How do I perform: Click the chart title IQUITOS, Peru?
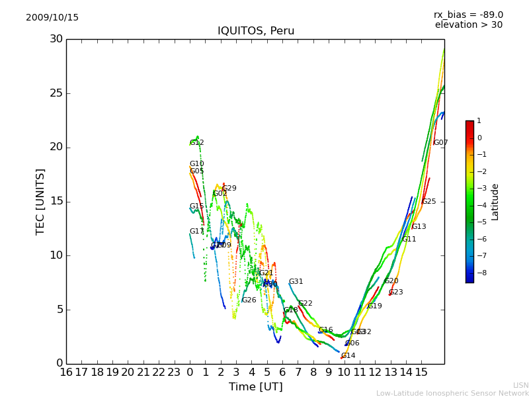tap(256, 31)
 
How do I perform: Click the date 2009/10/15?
tap(52, 18)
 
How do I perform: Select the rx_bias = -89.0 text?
tap(468, 15)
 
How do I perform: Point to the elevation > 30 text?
tap(468, 25)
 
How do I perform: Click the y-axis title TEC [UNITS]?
tap(40, 201)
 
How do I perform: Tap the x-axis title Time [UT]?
tap(255, 386)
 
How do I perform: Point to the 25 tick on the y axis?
tap(56, 93)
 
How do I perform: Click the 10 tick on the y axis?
tap(56, 255)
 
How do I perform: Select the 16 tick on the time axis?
tap(66, 373)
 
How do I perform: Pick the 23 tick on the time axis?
tap(174, 373)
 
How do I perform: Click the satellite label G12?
tap(197, 143)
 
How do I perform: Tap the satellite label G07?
tap(440, 143)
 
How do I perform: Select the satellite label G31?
tap(296, 282)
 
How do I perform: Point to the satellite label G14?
tap(348, 356)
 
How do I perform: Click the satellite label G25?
tap(429, 202)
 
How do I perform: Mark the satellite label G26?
tap(249, 300)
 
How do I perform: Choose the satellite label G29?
tap(229, 189)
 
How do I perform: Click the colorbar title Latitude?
tap(495, 201)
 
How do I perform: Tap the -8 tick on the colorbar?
tap(479, 273)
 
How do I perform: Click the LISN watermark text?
tap(520, 385)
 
